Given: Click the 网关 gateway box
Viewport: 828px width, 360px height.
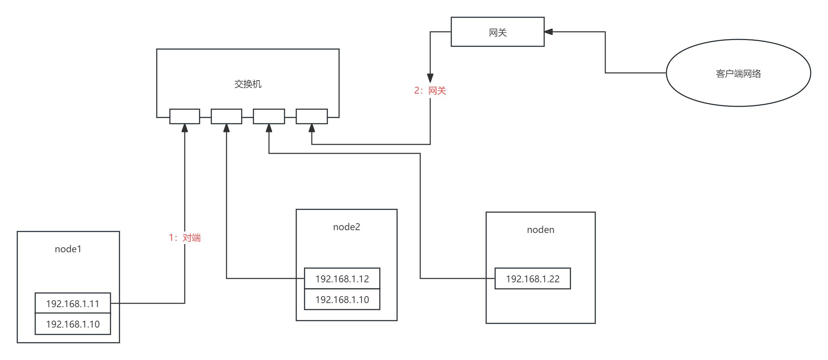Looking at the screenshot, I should [498, 32].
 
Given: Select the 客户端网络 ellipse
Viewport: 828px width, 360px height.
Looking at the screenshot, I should [738, 73].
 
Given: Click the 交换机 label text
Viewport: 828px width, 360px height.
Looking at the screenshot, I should [248, 84].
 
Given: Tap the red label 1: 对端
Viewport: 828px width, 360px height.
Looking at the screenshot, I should [185, 238].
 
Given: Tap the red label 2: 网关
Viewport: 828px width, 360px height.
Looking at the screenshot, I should [430, 91].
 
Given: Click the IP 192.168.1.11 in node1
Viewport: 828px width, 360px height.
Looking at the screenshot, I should [73, 303].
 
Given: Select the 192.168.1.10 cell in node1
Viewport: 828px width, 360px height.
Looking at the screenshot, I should [73, 324].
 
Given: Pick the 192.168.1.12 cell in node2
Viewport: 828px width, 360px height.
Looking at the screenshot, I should [342, 278].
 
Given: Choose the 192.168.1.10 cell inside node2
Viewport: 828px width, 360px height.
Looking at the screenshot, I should [342, 299].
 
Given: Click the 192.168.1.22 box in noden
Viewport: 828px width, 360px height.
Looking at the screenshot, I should [532, 278].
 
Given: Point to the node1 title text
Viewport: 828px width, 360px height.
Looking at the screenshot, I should [68, 249].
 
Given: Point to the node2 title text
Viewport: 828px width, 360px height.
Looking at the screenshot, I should [346, 227].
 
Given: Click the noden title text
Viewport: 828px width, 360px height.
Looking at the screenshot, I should [540, 230].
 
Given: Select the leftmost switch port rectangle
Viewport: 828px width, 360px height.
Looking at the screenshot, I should [184, 116].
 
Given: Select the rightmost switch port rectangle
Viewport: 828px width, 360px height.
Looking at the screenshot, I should [311, 116].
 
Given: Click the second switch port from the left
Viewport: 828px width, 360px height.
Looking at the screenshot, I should [226, 116].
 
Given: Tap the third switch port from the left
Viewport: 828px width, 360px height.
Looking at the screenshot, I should [269, 116].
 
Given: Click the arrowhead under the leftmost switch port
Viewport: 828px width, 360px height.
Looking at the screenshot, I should [185, 128].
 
